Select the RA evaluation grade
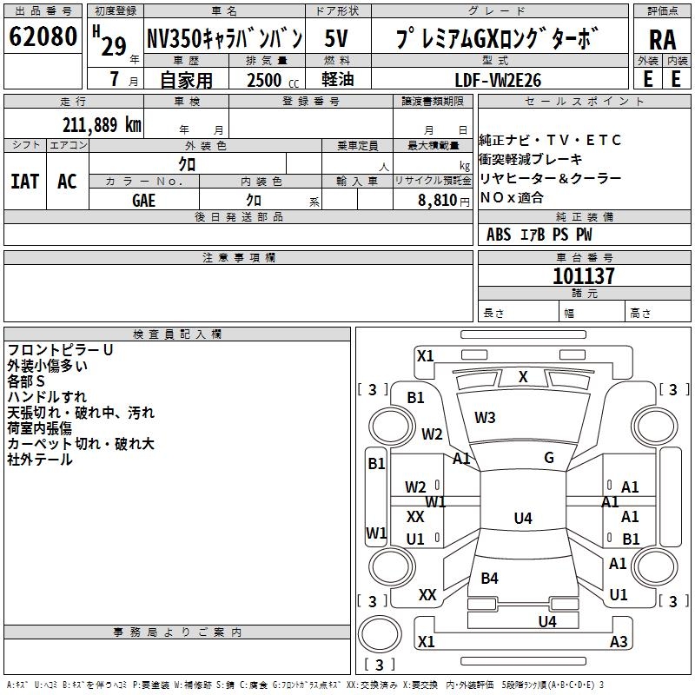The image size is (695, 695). click(x=662, y=39)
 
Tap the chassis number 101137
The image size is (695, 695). click(x=584, y=276)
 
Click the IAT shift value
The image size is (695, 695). click(x=24, y=182)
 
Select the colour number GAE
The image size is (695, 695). click(x=144, y=199)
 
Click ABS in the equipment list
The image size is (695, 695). click(x=499, y=235)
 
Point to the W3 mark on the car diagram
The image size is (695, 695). click(x=485, y=418)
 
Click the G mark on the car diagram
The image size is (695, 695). click(x=548, y=458)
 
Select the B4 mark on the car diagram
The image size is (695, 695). click(x=489, y=578)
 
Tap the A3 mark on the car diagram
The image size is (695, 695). click(x=619, y=642)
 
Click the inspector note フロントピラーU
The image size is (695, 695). click(x=61, y=349)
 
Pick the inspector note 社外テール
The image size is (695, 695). click(x=40, y=460)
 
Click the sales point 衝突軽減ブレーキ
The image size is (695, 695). click(x=531, y=159)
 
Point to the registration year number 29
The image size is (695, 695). click(x=114, y=46)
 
